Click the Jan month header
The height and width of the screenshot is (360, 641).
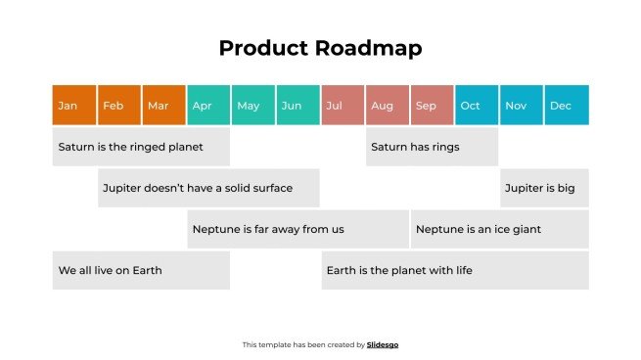click(74, 106)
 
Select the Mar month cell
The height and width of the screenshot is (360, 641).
click(163, 106)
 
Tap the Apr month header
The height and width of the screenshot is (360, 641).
click(208, 106)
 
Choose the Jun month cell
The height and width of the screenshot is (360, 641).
click(298, 106)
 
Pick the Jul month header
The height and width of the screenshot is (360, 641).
click(343, 106)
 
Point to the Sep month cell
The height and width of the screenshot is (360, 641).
click(432, 106)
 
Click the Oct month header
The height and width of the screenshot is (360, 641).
click(477, 106)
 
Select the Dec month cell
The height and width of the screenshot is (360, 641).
click(567, 106)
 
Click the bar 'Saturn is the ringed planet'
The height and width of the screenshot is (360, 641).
click(141, 147)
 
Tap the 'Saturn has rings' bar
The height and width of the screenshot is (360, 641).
click(432, 147)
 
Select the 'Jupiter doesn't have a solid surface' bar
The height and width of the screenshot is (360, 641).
click(208, 188)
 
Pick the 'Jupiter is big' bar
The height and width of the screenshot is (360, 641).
click(544, 188)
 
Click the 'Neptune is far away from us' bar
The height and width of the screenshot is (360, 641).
click(298, 229)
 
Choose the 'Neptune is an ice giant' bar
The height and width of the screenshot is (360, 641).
click(499, 229)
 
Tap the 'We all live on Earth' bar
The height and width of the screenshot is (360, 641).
click(141, 270)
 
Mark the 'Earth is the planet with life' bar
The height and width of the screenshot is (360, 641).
click(455, 270)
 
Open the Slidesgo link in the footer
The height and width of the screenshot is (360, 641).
click(383, 344)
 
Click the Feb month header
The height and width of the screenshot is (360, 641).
click(118, 106)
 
